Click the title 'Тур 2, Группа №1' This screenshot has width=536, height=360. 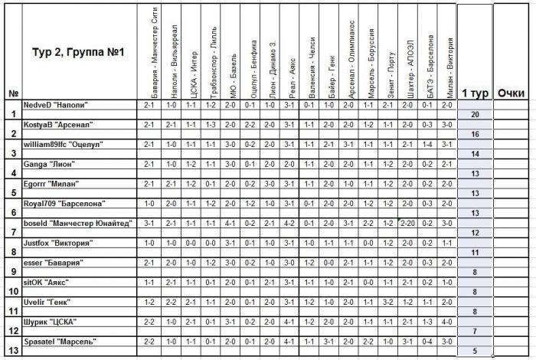(74, 52)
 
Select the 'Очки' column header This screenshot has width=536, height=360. (510, 93)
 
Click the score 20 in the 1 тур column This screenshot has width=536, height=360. (474, 113)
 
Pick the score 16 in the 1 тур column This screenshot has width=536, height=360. (474, 133)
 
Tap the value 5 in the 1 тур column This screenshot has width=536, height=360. (474, 351)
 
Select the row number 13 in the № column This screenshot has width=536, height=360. (13, 351)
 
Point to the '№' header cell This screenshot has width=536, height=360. (13, 93)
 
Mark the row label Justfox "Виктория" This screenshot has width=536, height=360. (57, 243)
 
